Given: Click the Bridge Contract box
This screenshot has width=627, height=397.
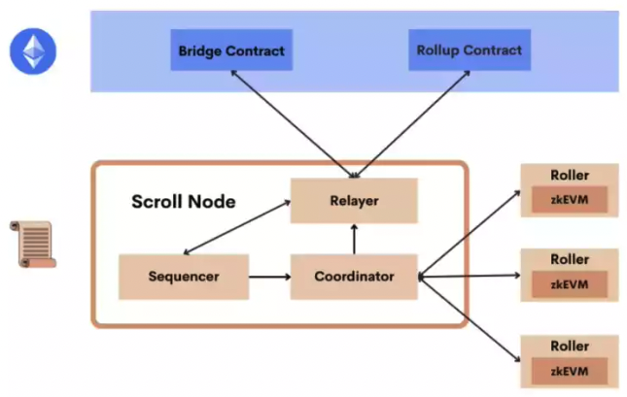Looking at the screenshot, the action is (231, 50).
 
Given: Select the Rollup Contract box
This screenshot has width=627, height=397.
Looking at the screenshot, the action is (470, 50).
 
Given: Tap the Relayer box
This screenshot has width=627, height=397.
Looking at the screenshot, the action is (354, 201).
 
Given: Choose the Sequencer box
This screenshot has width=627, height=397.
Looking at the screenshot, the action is (184, 277).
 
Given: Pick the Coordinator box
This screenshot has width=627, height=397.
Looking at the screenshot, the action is (354, 277).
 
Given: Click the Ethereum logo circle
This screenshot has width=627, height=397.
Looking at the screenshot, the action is (33, 51).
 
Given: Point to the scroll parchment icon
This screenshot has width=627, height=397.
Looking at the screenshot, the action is (33, 244).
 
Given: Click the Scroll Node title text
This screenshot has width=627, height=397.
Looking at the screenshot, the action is (184, 201).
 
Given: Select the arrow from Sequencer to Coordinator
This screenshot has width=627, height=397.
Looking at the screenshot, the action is (269, 277).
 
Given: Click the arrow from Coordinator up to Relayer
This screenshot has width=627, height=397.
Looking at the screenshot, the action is (354, 239).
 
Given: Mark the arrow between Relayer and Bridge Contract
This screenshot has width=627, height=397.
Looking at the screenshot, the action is (294, 124).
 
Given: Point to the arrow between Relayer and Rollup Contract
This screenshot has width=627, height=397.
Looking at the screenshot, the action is (411, 124).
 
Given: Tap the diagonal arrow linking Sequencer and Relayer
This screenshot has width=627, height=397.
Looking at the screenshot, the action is (237, 227).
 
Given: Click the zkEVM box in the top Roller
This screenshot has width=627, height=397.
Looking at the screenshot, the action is (570, 199).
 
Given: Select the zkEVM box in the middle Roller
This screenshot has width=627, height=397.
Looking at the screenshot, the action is (570, 284).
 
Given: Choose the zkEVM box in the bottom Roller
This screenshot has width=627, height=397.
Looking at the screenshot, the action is (570, 371).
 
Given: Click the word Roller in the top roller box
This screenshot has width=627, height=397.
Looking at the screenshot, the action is (570, 175).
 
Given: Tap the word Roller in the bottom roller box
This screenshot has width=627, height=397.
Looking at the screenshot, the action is (570, 346).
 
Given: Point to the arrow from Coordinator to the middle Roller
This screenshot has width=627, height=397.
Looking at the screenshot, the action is (470, 276).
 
